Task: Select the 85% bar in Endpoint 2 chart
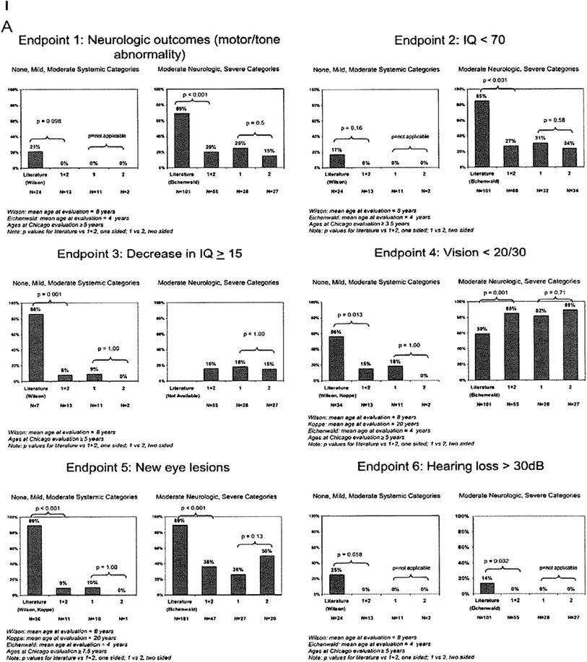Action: coord(476,134)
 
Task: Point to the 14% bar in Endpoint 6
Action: coord(473,588)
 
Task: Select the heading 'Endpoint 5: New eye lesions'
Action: coord(138,467)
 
